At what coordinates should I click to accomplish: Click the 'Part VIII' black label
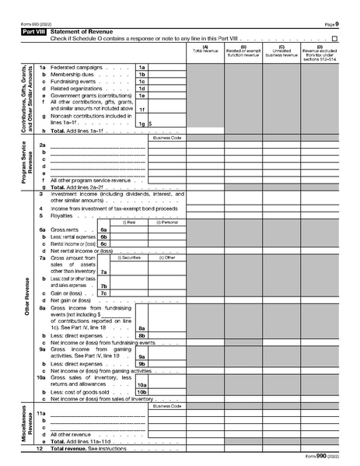[x=33, y=31]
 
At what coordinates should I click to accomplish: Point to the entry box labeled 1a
[x=142, y=68]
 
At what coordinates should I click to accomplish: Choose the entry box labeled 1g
[x=142, y=123]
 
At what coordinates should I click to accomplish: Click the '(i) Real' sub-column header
[x=129, y=222]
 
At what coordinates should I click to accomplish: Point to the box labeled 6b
[x=103, y=237]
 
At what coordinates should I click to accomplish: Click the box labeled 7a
[x=103, y=272]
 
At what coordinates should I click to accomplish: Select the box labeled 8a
[x=142, y=328]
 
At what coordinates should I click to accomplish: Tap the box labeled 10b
[x=142, y=391]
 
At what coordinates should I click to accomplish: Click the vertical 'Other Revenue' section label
[x=26, y=296]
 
